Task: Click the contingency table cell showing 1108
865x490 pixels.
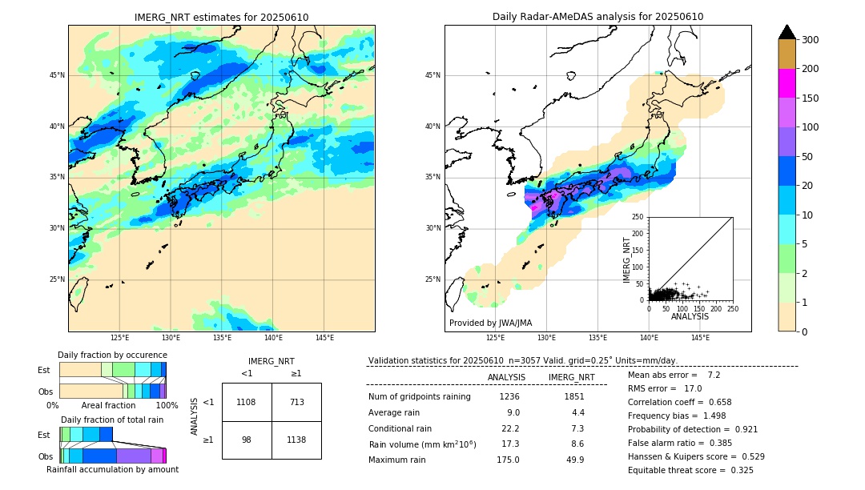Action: (x=247, y=402)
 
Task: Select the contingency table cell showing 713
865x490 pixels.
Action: (x=296, y=402)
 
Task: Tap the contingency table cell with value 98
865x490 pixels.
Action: (x=247, y=440)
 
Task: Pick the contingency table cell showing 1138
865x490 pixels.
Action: (x=296, y=440)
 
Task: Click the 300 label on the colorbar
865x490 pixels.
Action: (x=810, y=40)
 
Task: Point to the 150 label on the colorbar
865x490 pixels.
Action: (x=810, y=98)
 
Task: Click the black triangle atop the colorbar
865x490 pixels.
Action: (x=787, y=32)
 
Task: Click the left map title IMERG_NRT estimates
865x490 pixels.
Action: (x=221, y=18)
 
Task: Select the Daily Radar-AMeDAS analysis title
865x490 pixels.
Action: (x=597, y=17)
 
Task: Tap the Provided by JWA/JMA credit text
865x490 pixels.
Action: (x=490, y=323)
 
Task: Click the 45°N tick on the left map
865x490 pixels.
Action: (x=58, y=75)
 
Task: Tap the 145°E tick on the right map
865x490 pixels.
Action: (x=700, y=338)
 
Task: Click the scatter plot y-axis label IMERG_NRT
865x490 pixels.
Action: (x=628, y=259)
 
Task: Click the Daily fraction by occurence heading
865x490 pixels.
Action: (x=112, y=355)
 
